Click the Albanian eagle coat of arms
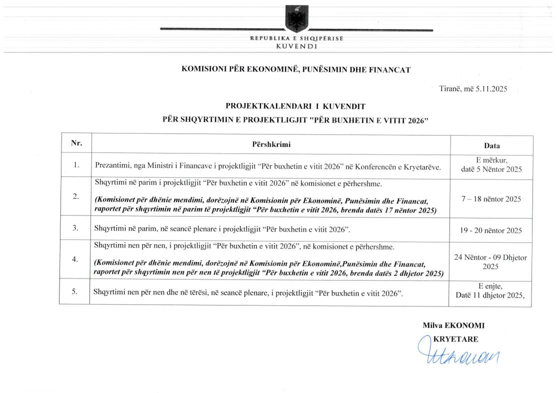(x=296, y=18)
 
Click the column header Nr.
(x=76, y=143)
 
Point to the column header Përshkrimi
(x=271, y=144)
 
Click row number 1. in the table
(x=76, y=165)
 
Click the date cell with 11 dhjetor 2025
(x=490, y=295)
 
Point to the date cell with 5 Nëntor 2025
(x=491, y=169)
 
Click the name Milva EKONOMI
(x=453, y=325)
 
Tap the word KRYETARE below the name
(x=455, y=338)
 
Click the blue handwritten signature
(x=457, y=354)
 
